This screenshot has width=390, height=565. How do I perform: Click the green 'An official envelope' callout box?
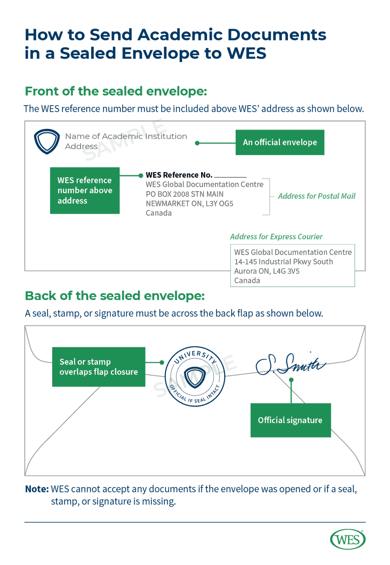tap(280, 142)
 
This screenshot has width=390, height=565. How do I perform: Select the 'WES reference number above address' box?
tap(85, 191)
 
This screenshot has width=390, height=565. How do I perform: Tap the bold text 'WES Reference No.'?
tap(179, 175)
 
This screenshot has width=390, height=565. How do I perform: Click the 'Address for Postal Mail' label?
tap(317, 196)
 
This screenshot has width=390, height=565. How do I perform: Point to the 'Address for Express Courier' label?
tap(276, 237)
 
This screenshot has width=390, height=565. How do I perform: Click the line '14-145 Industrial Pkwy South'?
tap(284, 262)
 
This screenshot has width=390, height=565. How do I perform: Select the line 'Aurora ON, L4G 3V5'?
tap(267, 271)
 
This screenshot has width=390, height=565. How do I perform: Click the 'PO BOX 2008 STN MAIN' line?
tap(185, 194)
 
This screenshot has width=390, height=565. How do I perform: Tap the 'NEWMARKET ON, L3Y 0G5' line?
tap(189, 203)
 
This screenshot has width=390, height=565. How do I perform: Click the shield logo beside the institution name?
tap(46, 141)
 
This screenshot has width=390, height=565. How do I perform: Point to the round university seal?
tap(194, 377)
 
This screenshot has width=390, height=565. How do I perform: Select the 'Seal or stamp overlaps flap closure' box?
tap(99, 367)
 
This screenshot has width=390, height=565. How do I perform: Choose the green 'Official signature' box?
tap(290, 420)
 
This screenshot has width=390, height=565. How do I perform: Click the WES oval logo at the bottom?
tap(348, 540)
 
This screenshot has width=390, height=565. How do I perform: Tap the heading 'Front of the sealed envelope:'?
tap(116, 91)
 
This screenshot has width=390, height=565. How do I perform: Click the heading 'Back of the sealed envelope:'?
tap(115, 296)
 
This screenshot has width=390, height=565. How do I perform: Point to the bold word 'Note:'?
tap(37, 489)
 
